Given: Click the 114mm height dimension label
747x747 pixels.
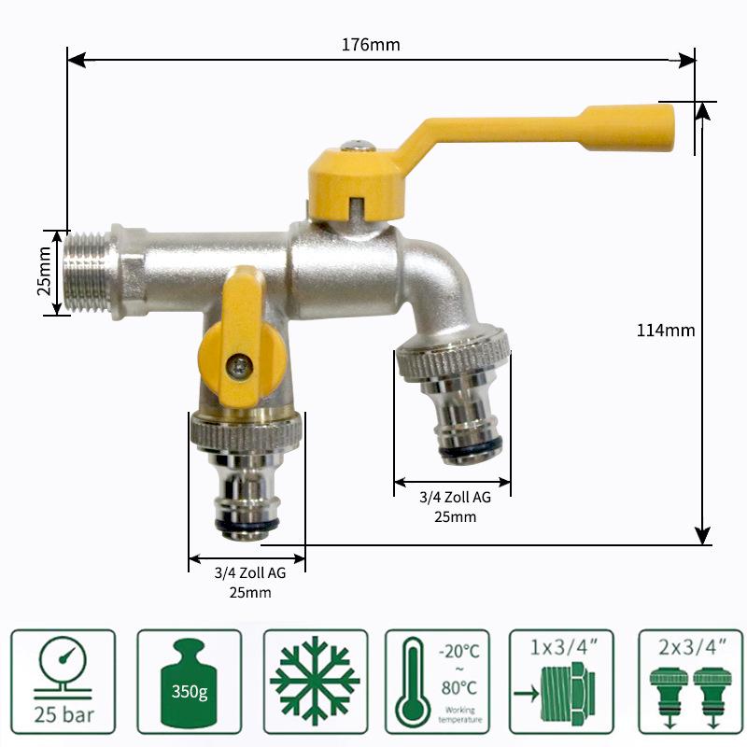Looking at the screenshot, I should [x=666, y=330].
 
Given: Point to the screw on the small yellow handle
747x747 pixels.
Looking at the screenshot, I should [x=241, y=365].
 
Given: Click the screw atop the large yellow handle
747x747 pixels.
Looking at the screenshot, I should [x=356, y=146].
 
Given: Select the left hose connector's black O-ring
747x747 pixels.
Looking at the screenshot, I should [x=246, y=528].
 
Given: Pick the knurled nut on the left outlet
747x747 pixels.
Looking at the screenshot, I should [x=247, y=430].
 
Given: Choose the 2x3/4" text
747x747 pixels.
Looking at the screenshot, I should [x=690, y=644].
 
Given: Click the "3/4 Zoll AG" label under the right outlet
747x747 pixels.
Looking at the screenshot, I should [x=455, y=498].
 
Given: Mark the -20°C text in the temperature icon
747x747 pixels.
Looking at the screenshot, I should [x=458, y=652].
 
